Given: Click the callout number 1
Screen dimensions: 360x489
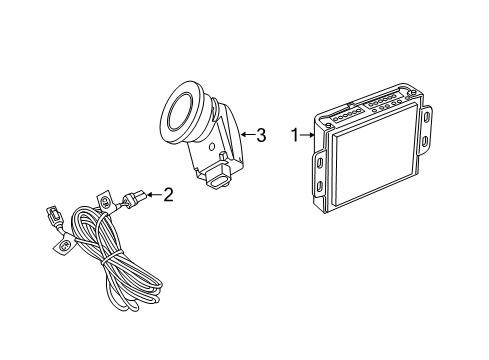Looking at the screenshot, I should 295,134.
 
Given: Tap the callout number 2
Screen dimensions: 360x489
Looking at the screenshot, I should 168,195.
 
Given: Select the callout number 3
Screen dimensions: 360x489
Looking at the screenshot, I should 260,135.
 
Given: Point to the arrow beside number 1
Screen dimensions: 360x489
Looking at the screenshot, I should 307,134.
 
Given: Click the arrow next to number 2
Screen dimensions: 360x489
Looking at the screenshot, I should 153,195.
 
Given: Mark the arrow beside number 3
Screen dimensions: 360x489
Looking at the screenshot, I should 246,135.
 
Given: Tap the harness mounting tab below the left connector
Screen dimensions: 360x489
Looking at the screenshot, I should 64,245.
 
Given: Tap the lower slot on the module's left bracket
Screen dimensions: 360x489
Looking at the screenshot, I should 317,188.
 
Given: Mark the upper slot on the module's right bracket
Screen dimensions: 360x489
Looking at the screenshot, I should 428,115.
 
